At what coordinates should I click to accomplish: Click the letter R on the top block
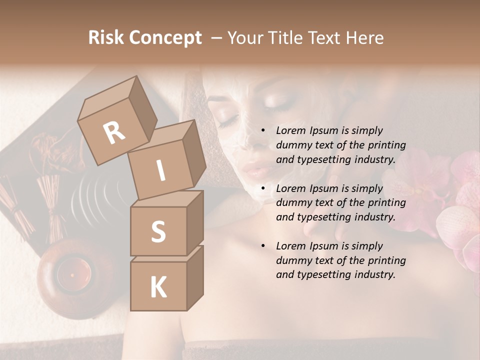[114, 133]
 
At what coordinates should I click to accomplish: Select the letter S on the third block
[158, 231]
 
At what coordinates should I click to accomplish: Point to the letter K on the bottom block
[158, 287]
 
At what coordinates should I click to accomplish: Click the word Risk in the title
[106, 37]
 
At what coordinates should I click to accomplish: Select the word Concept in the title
[165, 37]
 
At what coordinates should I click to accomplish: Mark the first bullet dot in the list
[263, 130]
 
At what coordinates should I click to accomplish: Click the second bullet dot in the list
[263, 188]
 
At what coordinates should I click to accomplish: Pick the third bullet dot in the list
[263, 246]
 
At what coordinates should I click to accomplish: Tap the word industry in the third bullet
[374, 274]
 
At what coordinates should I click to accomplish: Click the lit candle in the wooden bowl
[71, 274]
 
